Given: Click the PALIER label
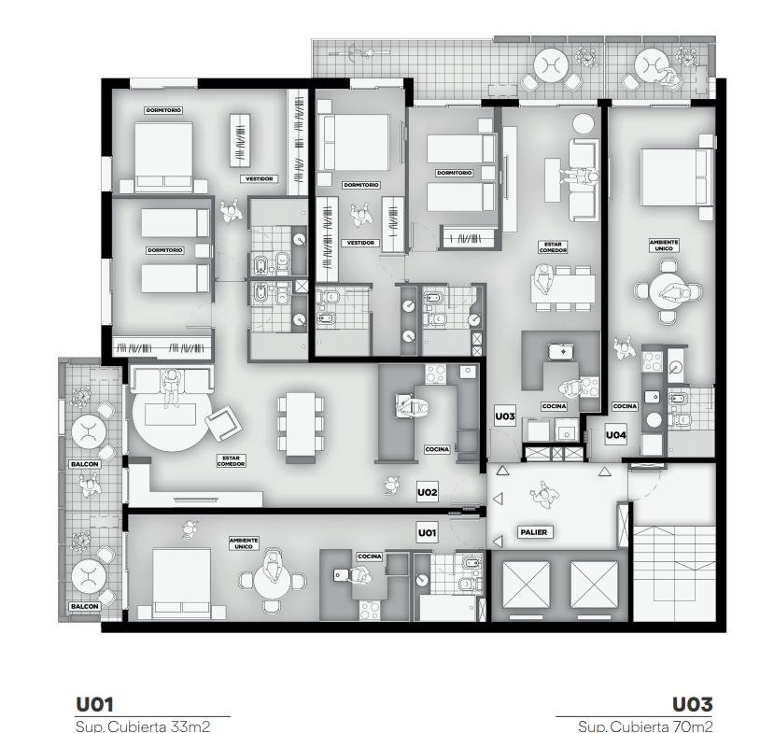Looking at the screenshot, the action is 533,532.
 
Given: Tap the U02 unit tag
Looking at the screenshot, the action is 427,492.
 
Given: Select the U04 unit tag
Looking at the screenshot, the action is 615,435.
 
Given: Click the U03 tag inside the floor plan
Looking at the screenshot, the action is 504,416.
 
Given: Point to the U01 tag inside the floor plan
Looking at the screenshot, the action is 427,533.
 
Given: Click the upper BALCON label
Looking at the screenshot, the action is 85,464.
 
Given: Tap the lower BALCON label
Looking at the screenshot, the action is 85,606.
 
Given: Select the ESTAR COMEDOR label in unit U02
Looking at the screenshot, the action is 232,460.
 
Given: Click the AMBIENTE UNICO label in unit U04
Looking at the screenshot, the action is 664,245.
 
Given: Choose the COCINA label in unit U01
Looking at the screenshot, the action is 370,556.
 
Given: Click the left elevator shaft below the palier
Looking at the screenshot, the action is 526,585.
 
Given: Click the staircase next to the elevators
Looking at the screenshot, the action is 674,573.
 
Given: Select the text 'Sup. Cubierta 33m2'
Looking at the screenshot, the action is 143,726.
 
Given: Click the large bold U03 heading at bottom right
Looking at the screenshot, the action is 692,705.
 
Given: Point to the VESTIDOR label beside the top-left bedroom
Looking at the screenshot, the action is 260,179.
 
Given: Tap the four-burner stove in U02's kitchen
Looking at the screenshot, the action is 435,374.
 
